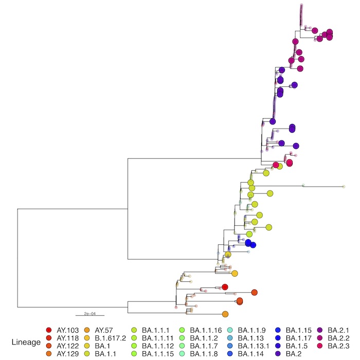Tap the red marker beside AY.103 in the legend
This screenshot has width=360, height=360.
point(49,330)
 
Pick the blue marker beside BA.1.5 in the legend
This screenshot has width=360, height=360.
point(278,346)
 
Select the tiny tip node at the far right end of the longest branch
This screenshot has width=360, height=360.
point(344,186)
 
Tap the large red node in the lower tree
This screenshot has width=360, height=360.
point(224,287)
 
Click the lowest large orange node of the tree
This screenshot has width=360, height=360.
point(225,314)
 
